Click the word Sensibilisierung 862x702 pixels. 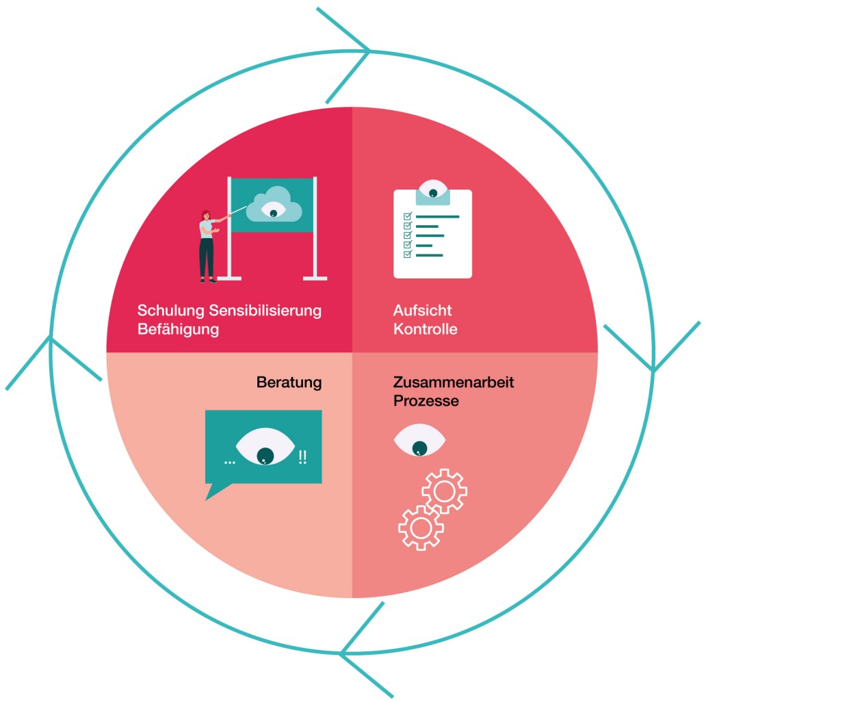(x=265, y=311)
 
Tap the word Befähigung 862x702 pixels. (x=178, y=329)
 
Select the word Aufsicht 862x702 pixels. (x=422, y=311)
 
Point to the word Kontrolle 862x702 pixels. (x=426, y=329)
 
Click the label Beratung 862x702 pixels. (x=289, y=382)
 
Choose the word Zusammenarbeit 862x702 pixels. (x=454, y=382)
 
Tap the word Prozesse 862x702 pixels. (x=426, y=401)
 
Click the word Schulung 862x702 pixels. (x=171, y=311)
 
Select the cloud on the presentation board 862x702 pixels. (x=274, y=205)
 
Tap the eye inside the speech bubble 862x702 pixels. (x=265, y=446)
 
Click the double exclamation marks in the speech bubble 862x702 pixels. (x=302, y=457)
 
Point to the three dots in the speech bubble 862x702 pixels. (x=229, y=462)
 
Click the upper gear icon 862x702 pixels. (x=445, y=491)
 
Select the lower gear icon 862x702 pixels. (x=421, y=528)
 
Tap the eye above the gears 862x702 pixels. (x=419, y=440)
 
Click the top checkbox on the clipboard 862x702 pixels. (x=408, y=216)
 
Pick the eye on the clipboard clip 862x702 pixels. (x=432, y=189)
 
